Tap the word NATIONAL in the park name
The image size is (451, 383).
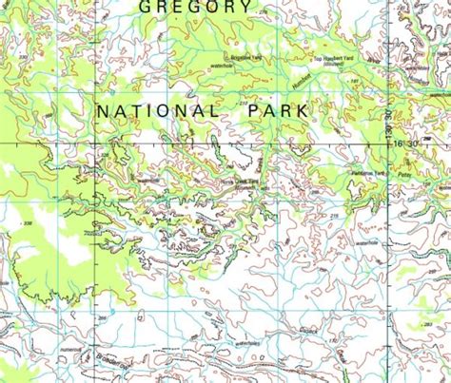(158, 112)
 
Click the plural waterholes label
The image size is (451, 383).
(248, 342)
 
